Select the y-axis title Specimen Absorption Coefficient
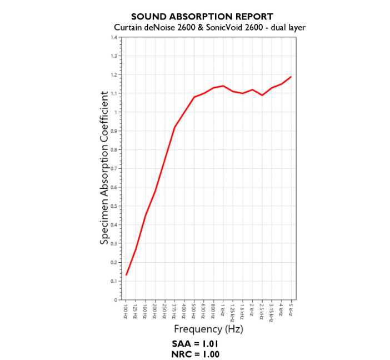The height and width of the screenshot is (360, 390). point(104,168)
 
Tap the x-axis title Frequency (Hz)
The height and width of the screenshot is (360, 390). point(208,329)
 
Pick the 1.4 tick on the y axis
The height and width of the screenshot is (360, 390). point(113,37)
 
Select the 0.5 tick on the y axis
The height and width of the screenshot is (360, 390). point(113,206)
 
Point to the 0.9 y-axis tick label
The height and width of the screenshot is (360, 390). point(113,131)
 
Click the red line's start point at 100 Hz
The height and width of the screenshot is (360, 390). point(127,275)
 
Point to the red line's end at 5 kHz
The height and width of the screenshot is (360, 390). point(291,77)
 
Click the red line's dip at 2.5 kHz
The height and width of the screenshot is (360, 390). point(262,96)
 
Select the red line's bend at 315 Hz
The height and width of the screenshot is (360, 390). point(175,127)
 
